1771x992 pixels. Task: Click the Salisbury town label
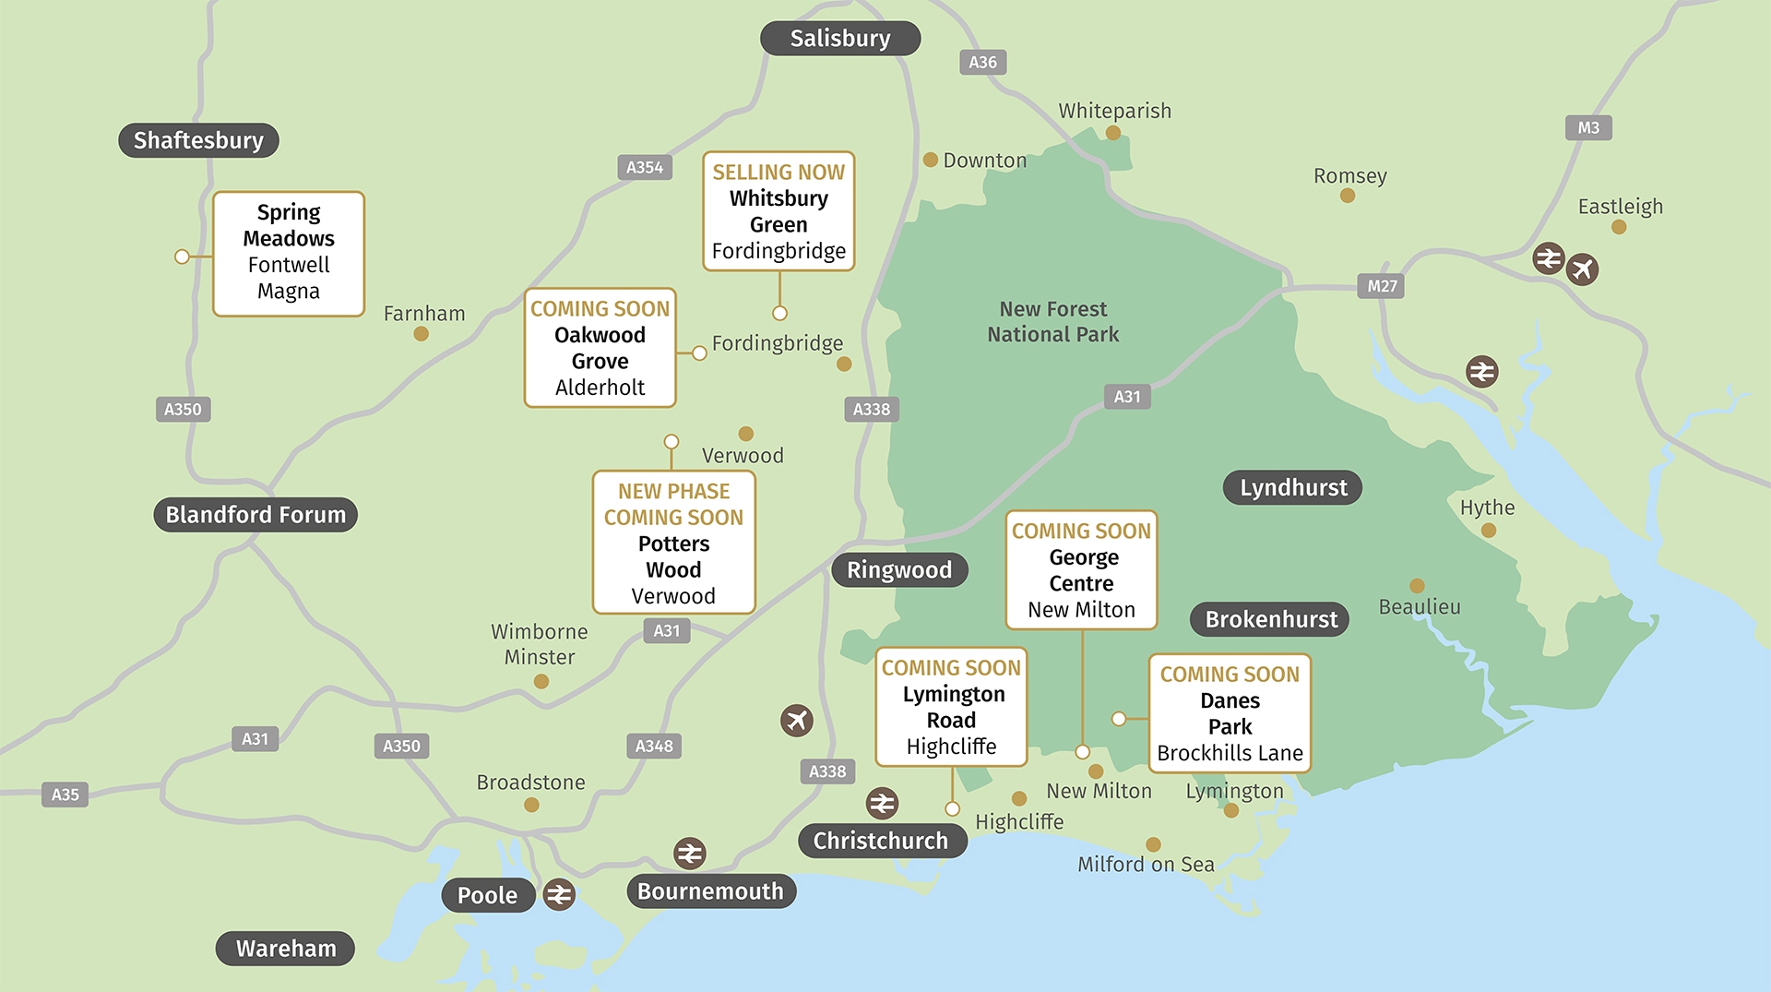click(839, 39)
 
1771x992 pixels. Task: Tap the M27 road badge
click(1381, 286)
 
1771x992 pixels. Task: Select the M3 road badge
click(1587, 127)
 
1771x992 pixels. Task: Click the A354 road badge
click(644, 167)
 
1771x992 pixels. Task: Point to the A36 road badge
click(982, 62)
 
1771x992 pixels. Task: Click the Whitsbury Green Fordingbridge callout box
click(779, 211)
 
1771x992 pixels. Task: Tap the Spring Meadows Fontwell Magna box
click(289, 253)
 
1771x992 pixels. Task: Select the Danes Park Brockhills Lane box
click(1230, 713)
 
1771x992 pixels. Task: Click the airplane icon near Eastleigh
click(1582, 269)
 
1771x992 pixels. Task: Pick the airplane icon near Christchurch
click(797, 720)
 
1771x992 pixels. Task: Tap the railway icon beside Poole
click(559, 894)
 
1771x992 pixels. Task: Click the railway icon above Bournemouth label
click(689, 854)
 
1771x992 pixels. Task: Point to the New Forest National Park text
click(1052, 321)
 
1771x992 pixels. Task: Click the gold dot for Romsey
click(1347, 196)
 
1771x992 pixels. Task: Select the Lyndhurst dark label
click(1292, 487)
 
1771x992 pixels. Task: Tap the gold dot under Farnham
click(421, 334)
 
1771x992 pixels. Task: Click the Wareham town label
click(285, 949)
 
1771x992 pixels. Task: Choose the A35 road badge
click(65, 795)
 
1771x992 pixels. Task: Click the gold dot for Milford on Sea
click(1153, 844)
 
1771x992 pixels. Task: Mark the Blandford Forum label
click(256, 514)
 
